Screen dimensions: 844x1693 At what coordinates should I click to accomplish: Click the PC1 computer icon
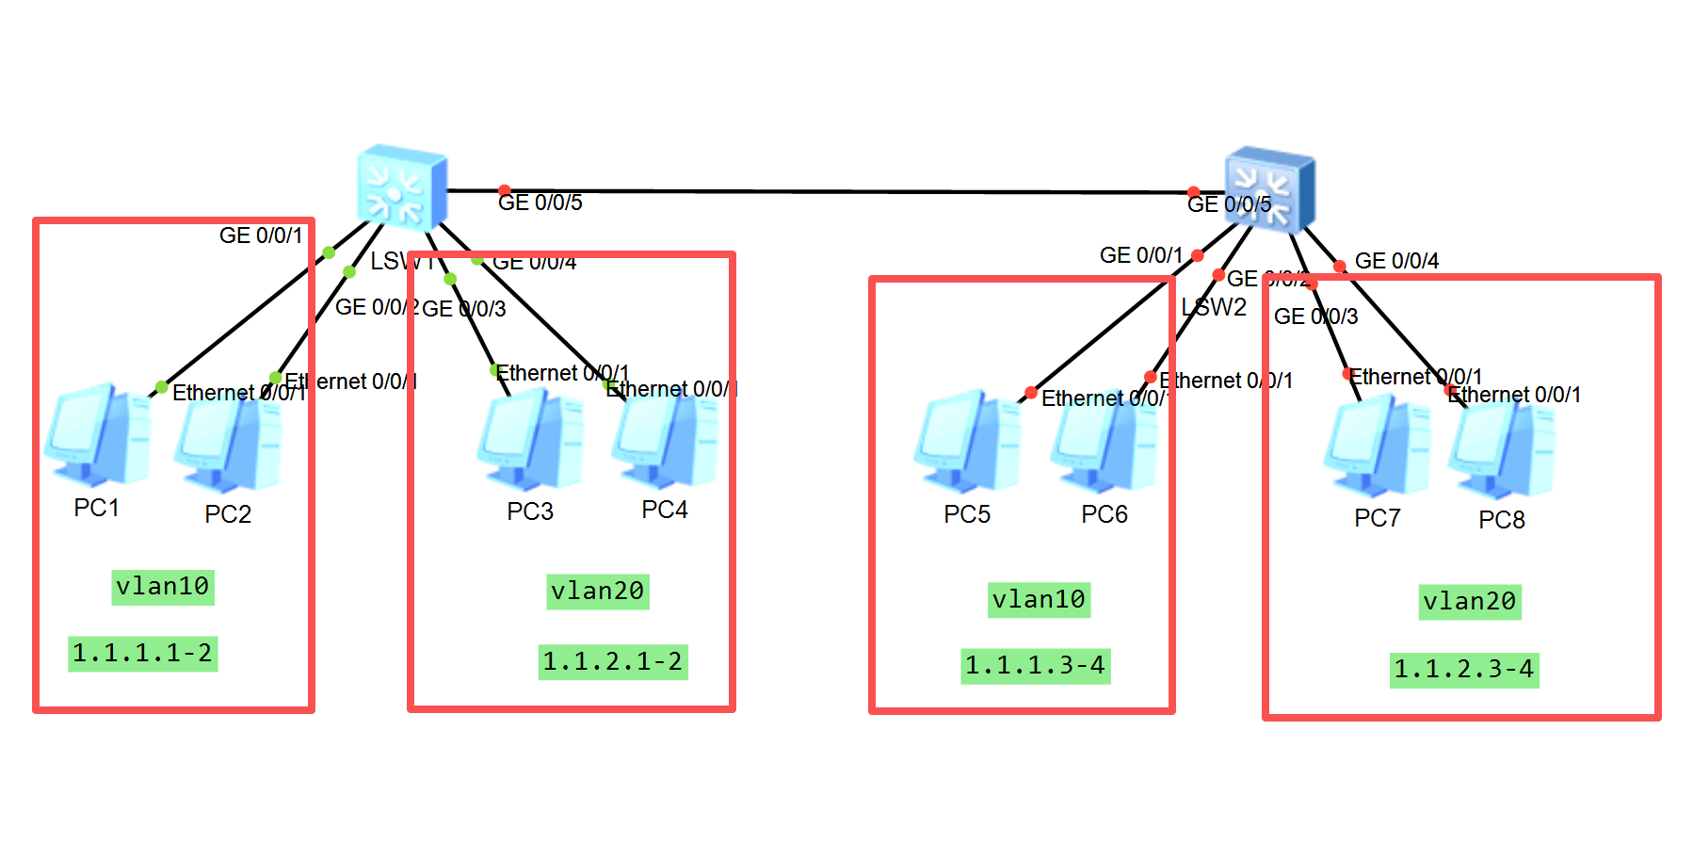pos(97,435)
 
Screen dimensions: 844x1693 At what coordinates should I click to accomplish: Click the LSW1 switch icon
pos(402,187)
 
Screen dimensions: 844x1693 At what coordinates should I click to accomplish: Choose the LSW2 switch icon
pos(1269,190)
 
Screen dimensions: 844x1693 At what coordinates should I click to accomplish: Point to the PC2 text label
pos(228,514)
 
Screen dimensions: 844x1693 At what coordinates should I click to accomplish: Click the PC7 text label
pos(1377,518)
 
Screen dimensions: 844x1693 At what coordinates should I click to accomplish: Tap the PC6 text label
pos(1104,514)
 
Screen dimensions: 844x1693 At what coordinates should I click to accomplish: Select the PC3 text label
pos(530,511)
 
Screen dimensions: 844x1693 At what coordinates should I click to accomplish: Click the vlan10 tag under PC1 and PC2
pos(163,587)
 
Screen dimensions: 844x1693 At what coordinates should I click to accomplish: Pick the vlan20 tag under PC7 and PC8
pos(1469,602)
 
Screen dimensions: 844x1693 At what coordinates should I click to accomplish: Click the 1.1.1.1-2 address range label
pos(142,653)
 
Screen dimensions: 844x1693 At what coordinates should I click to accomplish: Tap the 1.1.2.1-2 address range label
pos(612,661)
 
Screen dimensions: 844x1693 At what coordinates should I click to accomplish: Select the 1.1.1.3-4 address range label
pos(1035,666)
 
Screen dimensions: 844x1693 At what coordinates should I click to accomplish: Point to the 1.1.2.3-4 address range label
pos(1463,670)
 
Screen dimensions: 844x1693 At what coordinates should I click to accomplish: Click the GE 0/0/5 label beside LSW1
pos(540,203)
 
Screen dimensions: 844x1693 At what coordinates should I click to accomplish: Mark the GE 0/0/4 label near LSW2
pos(1396,261)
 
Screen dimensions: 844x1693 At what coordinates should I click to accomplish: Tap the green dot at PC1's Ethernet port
pos(162,387)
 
